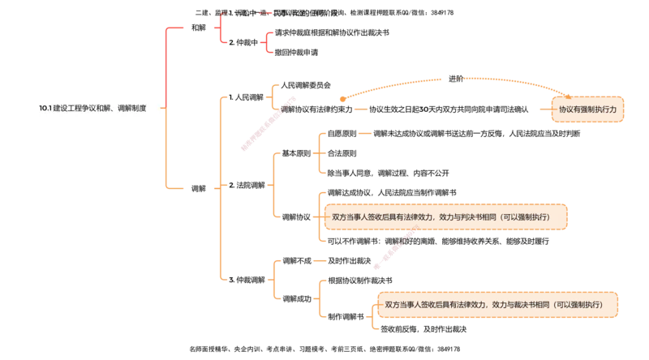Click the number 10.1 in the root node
click(x=45, y=108)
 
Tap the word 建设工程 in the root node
click(x=67, y=108)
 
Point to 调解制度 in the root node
click(x=132, y=108)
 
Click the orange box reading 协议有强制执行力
click(x=588, y=109)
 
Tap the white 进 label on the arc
click(x=452, y=79)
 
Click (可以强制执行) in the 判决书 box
click(x=525, y=217)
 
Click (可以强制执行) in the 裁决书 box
click(x=578, y=305)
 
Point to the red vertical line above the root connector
click(x=165, y=65)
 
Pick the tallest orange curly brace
click(x=221, y=186)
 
